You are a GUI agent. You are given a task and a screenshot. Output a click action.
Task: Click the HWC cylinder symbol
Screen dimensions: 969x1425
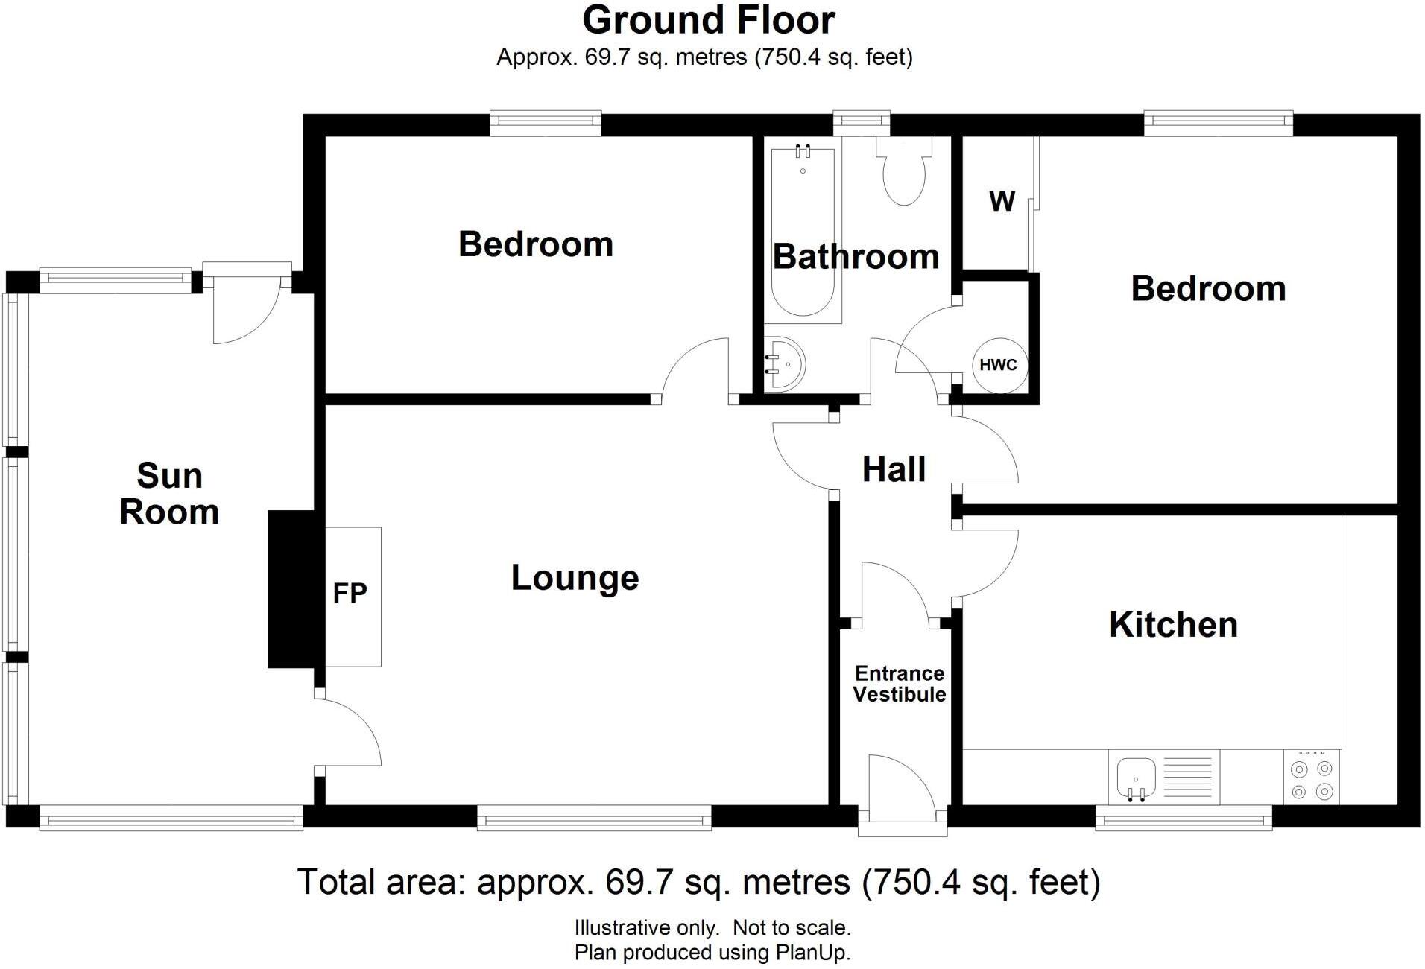click(x=999, y=365)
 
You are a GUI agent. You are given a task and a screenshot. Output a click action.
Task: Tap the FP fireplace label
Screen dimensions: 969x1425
click(x=350, y=594)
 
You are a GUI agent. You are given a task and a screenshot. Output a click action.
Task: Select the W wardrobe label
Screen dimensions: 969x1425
click(x=1002, y=201)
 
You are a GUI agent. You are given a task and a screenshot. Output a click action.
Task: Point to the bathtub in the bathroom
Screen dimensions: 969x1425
click(x=803, y=231)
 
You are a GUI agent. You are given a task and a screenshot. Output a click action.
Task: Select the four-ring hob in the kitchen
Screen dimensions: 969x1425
click(x=1311, y=779)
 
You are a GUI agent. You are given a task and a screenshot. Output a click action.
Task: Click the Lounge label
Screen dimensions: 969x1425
click(x=575, y=578)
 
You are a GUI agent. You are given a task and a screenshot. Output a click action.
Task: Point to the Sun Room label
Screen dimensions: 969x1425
click(x=169, y=494)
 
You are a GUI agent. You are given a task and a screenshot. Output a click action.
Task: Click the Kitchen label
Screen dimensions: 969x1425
click(x=1173, y=624)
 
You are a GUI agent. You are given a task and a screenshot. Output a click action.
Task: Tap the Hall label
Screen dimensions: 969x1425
click(x=894, y=469)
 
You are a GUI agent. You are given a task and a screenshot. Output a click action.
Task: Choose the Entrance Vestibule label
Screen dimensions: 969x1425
click(x=899, y=684)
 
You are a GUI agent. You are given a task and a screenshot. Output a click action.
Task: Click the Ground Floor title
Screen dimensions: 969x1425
click(x=708, y=20)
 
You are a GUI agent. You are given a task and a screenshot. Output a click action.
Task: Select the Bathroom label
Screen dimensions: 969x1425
click(x=856, y=257)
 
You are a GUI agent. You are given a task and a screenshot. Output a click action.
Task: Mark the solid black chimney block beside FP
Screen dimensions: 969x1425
click(x=291, y=588)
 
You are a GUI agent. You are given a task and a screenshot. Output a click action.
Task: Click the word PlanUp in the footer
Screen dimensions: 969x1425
click(x=812, y=953)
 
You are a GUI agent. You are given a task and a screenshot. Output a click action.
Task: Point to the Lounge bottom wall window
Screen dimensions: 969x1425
click(x=594, y=822)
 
